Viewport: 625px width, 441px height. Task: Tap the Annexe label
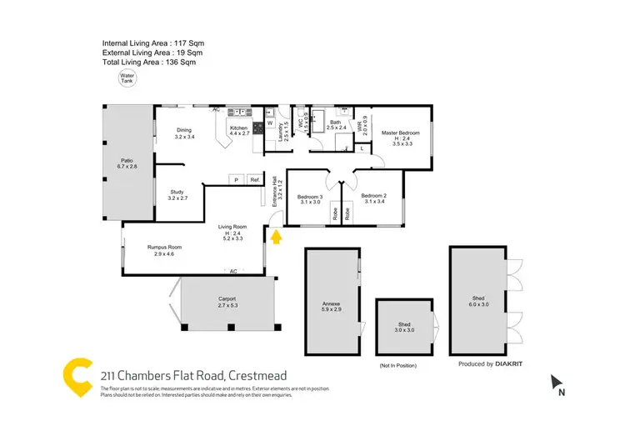point(332,305)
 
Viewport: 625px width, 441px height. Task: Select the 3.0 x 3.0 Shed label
point(404,327)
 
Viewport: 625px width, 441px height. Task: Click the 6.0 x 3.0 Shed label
point(477,301)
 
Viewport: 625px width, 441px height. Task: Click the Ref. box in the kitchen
point(254,180)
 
